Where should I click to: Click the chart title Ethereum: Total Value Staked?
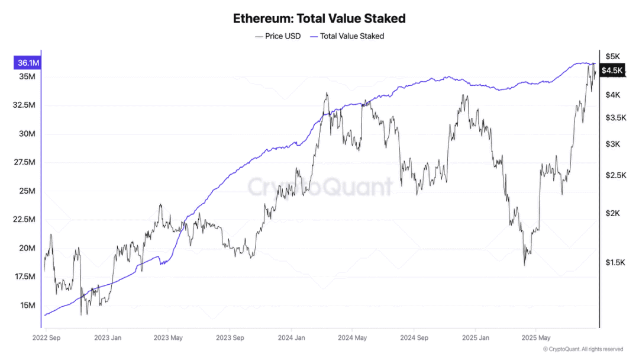319,18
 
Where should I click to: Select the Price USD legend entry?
278,36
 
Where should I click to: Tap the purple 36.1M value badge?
28,63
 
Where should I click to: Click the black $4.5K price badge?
612,70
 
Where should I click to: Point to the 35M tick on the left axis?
27,77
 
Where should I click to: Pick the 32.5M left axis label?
25,105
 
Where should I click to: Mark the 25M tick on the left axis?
27,191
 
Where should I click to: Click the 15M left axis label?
27,306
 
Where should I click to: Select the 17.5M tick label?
25,277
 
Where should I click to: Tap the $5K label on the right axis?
612,56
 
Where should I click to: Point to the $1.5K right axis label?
615,262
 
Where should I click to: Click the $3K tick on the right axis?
612,144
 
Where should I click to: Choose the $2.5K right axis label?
615,175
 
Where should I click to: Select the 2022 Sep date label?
46,338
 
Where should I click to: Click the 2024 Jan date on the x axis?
291,338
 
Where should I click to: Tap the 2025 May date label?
535,338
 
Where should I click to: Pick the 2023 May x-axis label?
168,338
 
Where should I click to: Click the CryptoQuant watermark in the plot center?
319,187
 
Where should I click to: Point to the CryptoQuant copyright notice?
583,349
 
